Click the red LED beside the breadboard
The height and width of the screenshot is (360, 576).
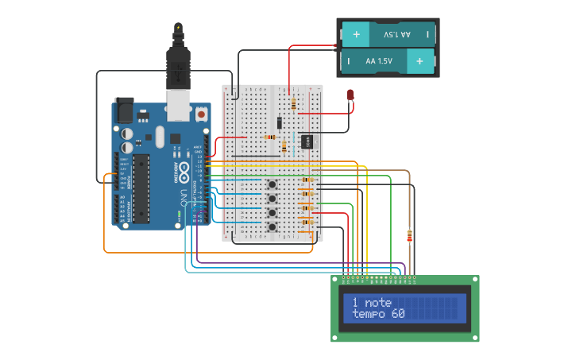(350, 95)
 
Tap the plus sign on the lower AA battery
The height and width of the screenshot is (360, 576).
(419, 60)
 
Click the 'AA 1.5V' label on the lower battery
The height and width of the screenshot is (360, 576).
(379, 60)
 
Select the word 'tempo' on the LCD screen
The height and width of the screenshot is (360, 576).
(368, 314)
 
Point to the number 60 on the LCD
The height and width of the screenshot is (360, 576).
(397, 314)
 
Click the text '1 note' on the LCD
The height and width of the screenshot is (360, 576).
(372, 303)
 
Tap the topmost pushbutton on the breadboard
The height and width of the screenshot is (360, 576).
(272, 184)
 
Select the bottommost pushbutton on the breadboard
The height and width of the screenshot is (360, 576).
(272, 226)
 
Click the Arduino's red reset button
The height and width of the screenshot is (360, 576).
(201, 114)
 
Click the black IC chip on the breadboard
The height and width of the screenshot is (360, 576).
(307, 141)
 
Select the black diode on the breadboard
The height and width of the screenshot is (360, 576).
(279, 122)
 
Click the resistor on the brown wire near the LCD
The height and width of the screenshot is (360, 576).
(409, 236)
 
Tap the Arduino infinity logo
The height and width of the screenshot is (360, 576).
(183, 170)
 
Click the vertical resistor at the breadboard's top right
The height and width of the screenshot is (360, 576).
(295, 103)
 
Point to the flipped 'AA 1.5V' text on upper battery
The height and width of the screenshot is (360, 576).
(397, 35)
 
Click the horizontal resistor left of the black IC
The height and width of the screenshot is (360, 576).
(270, 137)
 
